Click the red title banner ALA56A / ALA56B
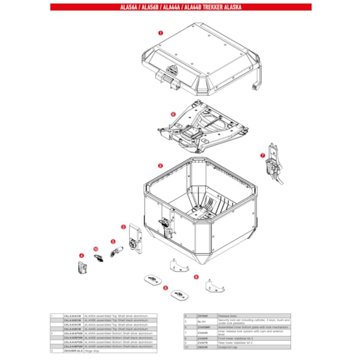click(x=180, y=7)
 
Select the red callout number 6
click(x=172, y=113)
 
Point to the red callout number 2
click(x=160, y=165)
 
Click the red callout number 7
click(x=262, y=155)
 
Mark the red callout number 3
click(x=123, y=227)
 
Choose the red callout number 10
click(x=95, y=249)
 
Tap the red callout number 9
click(x=196, y=277)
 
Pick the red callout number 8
click(x=165, y=288)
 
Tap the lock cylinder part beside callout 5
click(x=117, y=248)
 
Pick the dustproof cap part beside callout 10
click(x=100, y=257)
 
